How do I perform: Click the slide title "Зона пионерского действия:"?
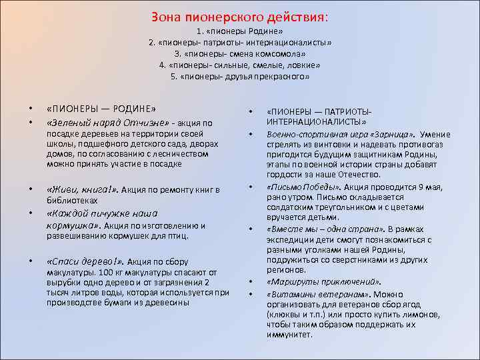pyautogui.click(x=239, y=16)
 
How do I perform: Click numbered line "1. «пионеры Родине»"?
pyautogui.click(x=239, y=31)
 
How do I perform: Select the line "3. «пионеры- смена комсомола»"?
pyautogui.click(x=239, y=54)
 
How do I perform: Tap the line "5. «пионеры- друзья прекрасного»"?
pyautogui.click(x=239, y=77)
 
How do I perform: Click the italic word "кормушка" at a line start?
pyautogui.click(x=68, y=225)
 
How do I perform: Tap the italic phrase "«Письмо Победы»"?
pyautogui.click(x=299, y=187)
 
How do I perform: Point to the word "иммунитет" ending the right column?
pyautogui.click(x=288, y=335)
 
